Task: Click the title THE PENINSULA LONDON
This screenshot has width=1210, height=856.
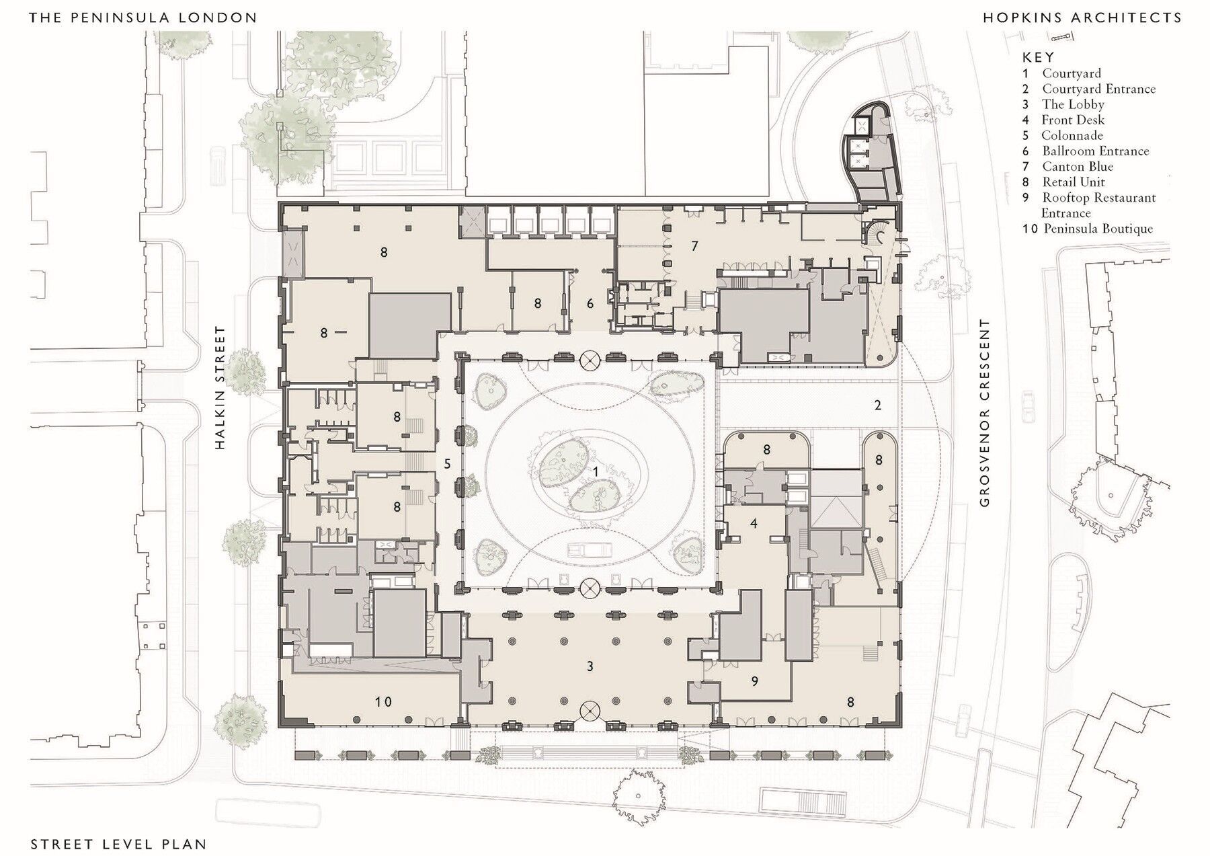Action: (x=143, y=18)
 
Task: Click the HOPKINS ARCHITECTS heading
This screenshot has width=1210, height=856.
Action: (x=1082, y=18)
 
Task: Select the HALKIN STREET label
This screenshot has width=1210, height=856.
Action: (x=220, y=388)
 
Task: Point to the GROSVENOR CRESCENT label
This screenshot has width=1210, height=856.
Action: (x=985, y=413)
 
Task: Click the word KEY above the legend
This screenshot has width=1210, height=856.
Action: (x=1038, y=58)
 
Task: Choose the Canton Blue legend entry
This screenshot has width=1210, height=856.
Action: (x=1077, y=166)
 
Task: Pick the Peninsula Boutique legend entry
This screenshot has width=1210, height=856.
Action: (x=1097, y=229)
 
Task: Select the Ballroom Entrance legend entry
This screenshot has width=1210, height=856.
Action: (x=1095, y=151)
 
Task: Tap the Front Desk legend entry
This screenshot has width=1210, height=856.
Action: (x=1073, y=120)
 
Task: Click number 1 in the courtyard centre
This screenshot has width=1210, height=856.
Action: (x=596, y=472)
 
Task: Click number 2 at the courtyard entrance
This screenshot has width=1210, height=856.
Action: (x=877, y=405)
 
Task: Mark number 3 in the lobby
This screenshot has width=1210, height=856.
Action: (x=590, y=666)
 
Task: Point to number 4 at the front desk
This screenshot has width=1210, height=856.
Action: (x=754, y=522)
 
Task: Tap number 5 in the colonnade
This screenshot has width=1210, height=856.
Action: (x=447, y=464)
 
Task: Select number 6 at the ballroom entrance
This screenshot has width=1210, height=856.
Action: (x=590, y=303)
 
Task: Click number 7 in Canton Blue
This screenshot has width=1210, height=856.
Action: (x=694, y=246)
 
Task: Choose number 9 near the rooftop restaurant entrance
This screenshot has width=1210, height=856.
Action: (x=754, y=681)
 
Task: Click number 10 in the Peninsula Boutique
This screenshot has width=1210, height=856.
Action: (x=382, y=702)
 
